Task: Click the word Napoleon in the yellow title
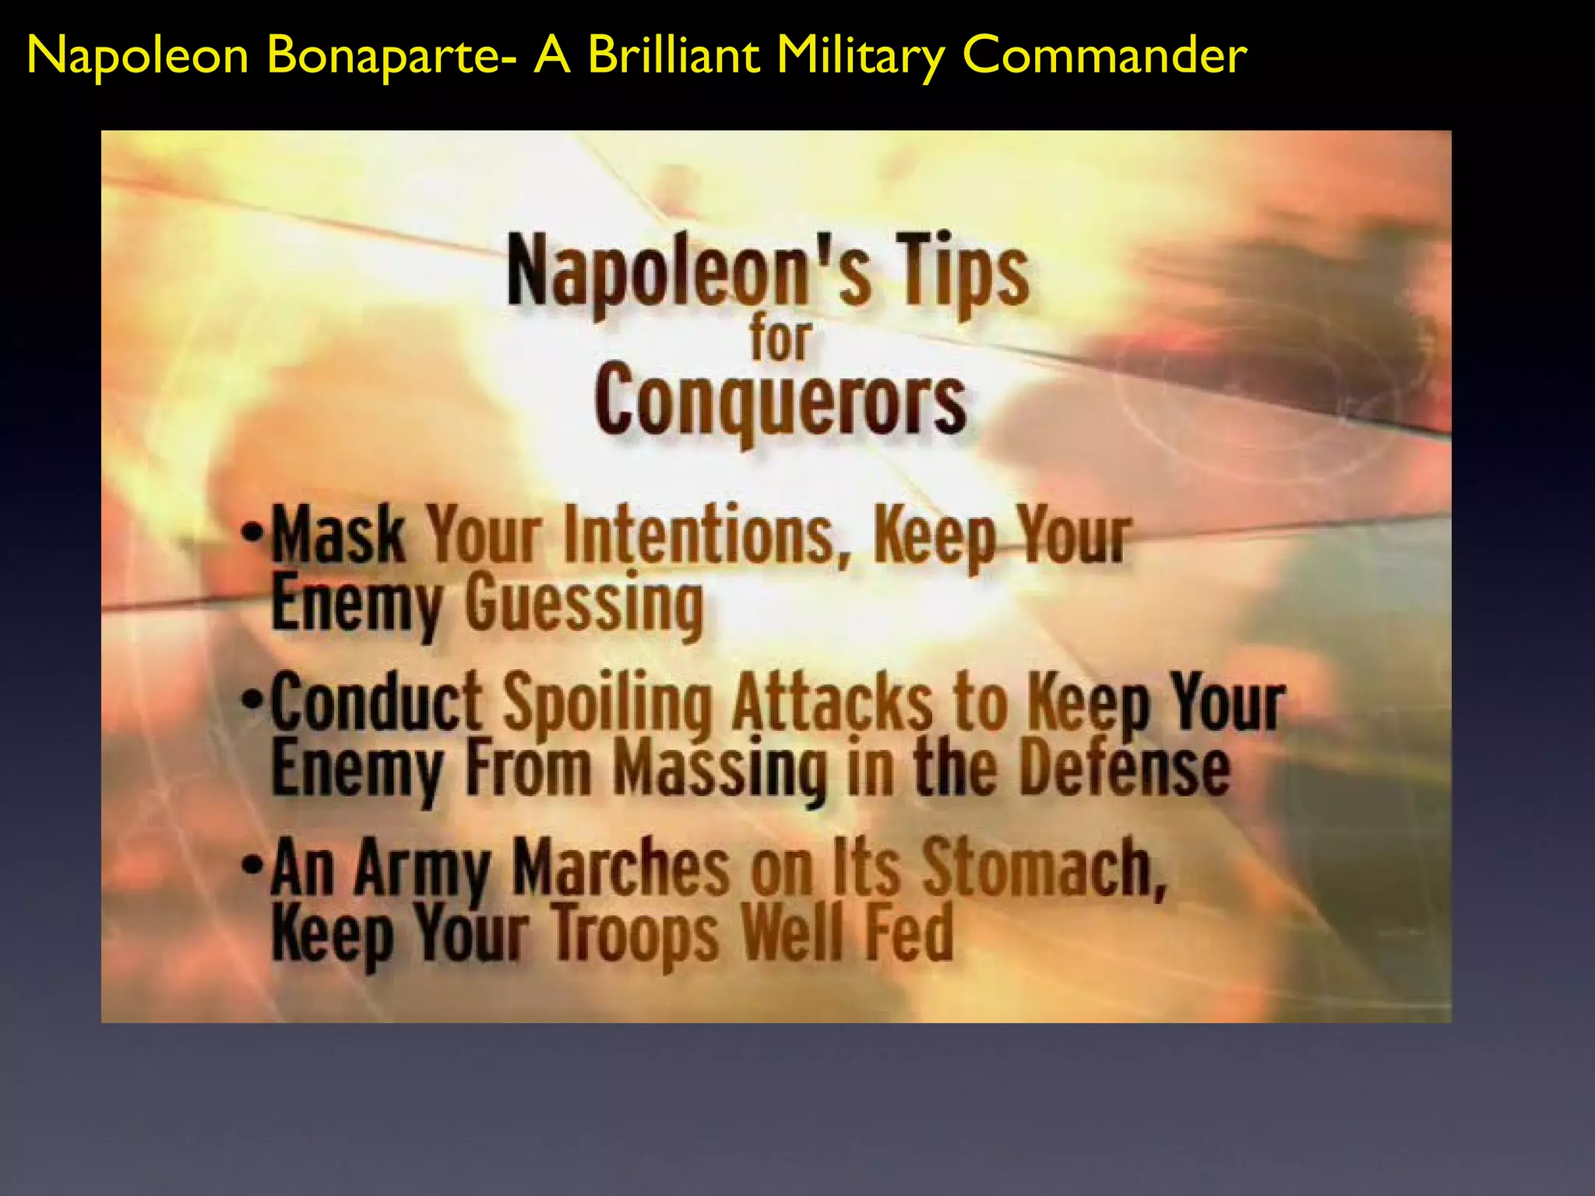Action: coord(137,56)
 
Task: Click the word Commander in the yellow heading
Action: coord(1104,56)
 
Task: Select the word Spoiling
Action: coord(607,703)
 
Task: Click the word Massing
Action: coord(720,769)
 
